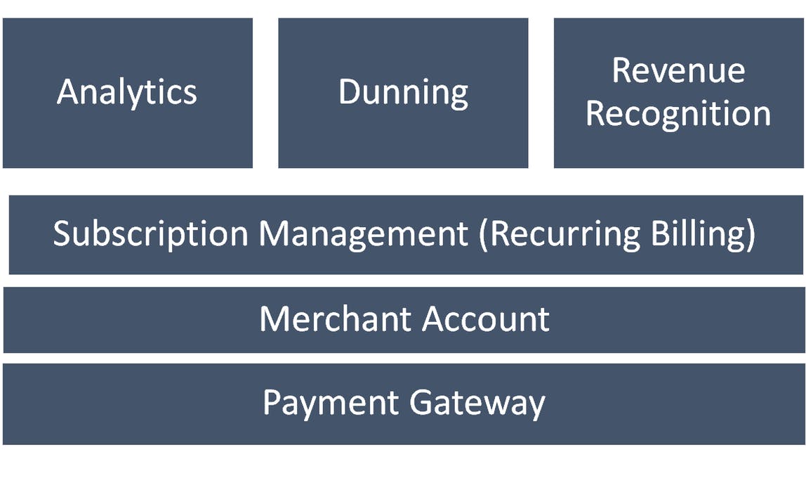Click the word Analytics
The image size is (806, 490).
(127, 92)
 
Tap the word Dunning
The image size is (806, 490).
(403, 93)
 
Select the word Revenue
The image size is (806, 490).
(678, 70)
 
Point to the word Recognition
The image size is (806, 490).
(678, 114)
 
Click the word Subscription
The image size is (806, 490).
(150, 234)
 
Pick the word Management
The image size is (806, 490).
(364, 234)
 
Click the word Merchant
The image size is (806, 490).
(336, 319)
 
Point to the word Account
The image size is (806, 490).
(487, 319)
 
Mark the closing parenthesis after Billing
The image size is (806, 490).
(751, 234)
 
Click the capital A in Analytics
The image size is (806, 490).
(68, 92)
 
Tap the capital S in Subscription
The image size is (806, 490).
(64, 234)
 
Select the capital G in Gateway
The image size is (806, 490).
(423, 403)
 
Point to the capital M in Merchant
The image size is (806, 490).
(275, 319)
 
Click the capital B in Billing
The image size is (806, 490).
(661, 234)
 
